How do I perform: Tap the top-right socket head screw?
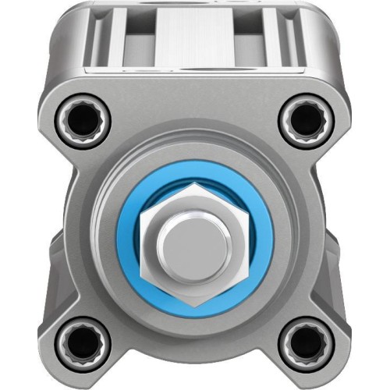[307, 119]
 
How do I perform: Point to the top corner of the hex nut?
[195, 185]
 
